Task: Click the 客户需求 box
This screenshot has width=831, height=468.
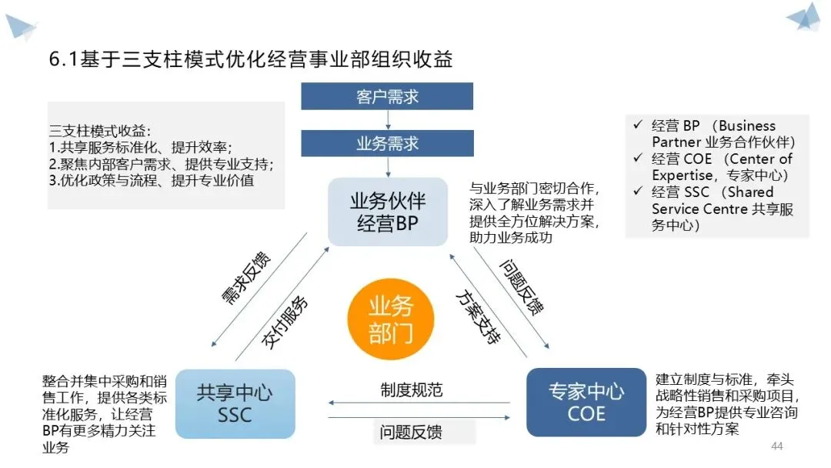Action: coord(387,98)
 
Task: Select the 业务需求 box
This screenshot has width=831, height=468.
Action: coord(387,143)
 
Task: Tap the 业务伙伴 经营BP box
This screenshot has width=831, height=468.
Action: coord(387,212)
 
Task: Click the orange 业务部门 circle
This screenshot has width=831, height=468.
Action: coord(391,320)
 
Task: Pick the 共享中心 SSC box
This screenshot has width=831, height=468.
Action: coord(235,403)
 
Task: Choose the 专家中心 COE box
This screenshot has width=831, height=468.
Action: coord(586,403)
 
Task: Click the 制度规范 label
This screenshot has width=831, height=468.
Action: coord(411,389)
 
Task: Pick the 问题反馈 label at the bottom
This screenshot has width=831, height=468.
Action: coord(411,432)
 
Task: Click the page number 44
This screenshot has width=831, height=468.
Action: coord(776,446)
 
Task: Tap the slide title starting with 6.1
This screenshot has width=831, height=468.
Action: coord(250,58)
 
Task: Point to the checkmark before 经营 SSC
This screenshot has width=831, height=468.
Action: coord(636,192)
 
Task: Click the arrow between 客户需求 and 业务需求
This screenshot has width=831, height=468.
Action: coord(387,119)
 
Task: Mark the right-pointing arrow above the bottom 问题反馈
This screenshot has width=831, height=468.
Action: coord(419,417)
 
